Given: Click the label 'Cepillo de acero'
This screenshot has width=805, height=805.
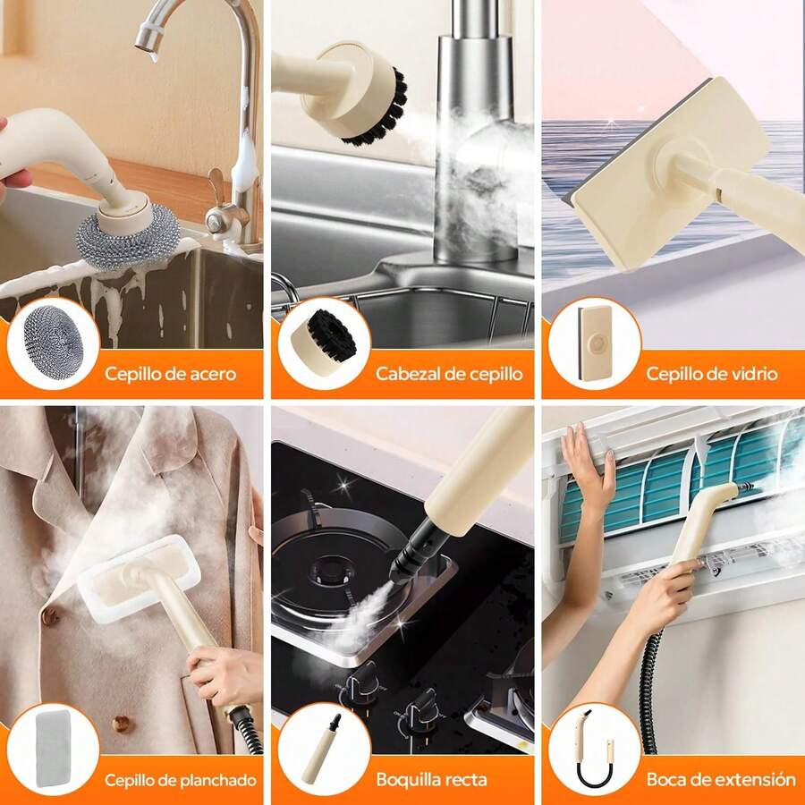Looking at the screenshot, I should (170, 374).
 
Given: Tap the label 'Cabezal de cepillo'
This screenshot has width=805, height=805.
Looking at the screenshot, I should (448, 374).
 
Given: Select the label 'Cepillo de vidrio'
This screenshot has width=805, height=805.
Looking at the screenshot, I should (712, 374).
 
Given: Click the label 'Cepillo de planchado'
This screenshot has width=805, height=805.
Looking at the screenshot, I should (180, 780).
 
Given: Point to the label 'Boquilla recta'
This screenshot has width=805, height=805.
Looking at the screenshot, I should (431, 780).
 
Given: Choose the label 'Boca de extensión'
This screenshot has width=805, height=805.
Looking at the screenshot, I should (721, 780).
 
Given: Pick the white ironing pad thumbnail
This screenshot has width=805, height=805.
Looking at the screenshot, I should (53, 750).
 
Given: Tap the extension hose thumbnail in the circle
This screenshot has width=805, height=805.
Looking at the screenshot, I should (593, 750).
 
